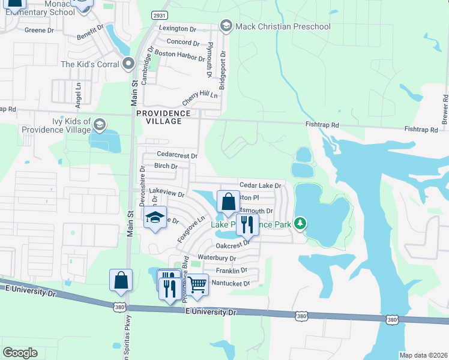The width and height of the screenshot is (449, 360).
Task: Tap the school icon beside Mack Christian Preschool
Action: (x=226, y=26)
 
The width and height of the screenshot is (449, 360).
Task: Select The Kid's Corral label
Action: (x=91, y=64)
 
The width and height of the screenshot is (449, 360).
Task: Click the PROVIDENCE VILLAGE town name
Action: (x=163, y=117)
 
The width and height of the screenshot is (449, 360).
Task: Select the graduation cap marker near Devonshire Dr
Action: (x=155, y=218)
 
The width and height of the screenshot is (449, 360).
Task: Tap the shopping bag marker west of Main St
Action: (x=121, y=280)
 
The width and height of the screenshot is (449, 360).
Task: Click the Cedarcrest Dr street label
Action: (x=176, y=155)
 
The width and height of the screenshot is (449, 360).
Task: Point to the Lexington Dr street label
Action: (x=178, y=28)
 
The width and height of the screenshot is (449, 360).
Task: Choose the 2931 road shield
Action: (x=159, y=15)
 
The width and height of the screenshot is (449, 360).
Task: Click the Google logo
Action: (x=20, y=352)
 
